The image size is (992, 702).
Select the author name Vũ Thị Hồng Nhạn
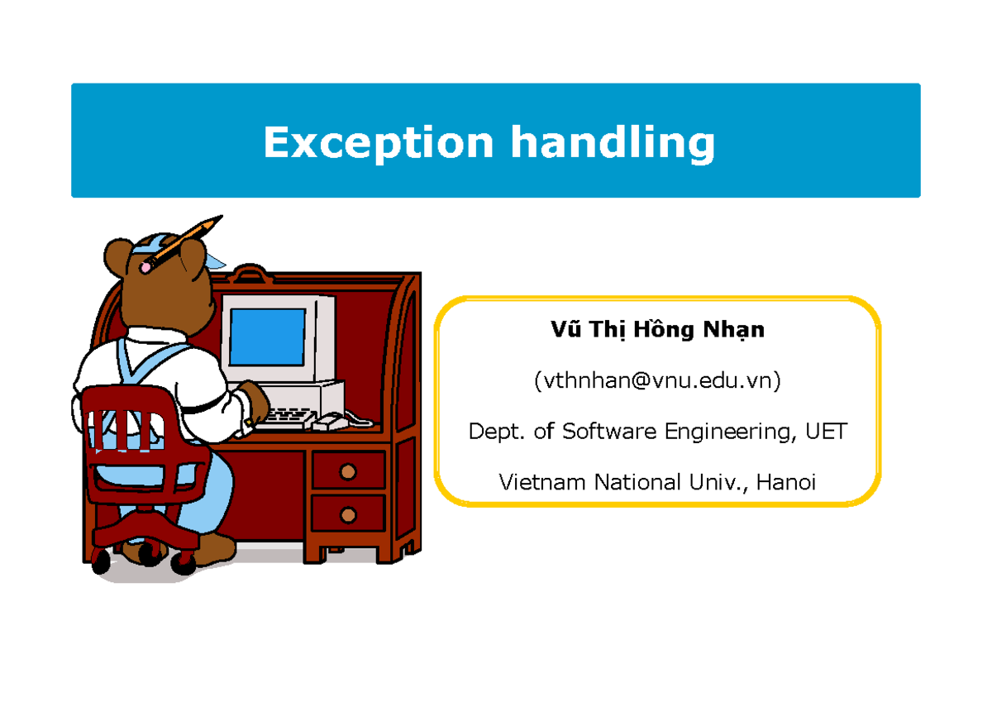point(657,330)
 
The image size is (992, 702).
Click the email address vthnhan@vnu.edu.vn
point(657,380)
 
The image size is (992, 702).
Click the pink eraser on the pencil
point(149,265)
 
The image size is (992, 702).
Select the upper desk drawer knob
point(348,472)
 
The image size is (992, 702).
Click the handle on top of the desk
point(249,272)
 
